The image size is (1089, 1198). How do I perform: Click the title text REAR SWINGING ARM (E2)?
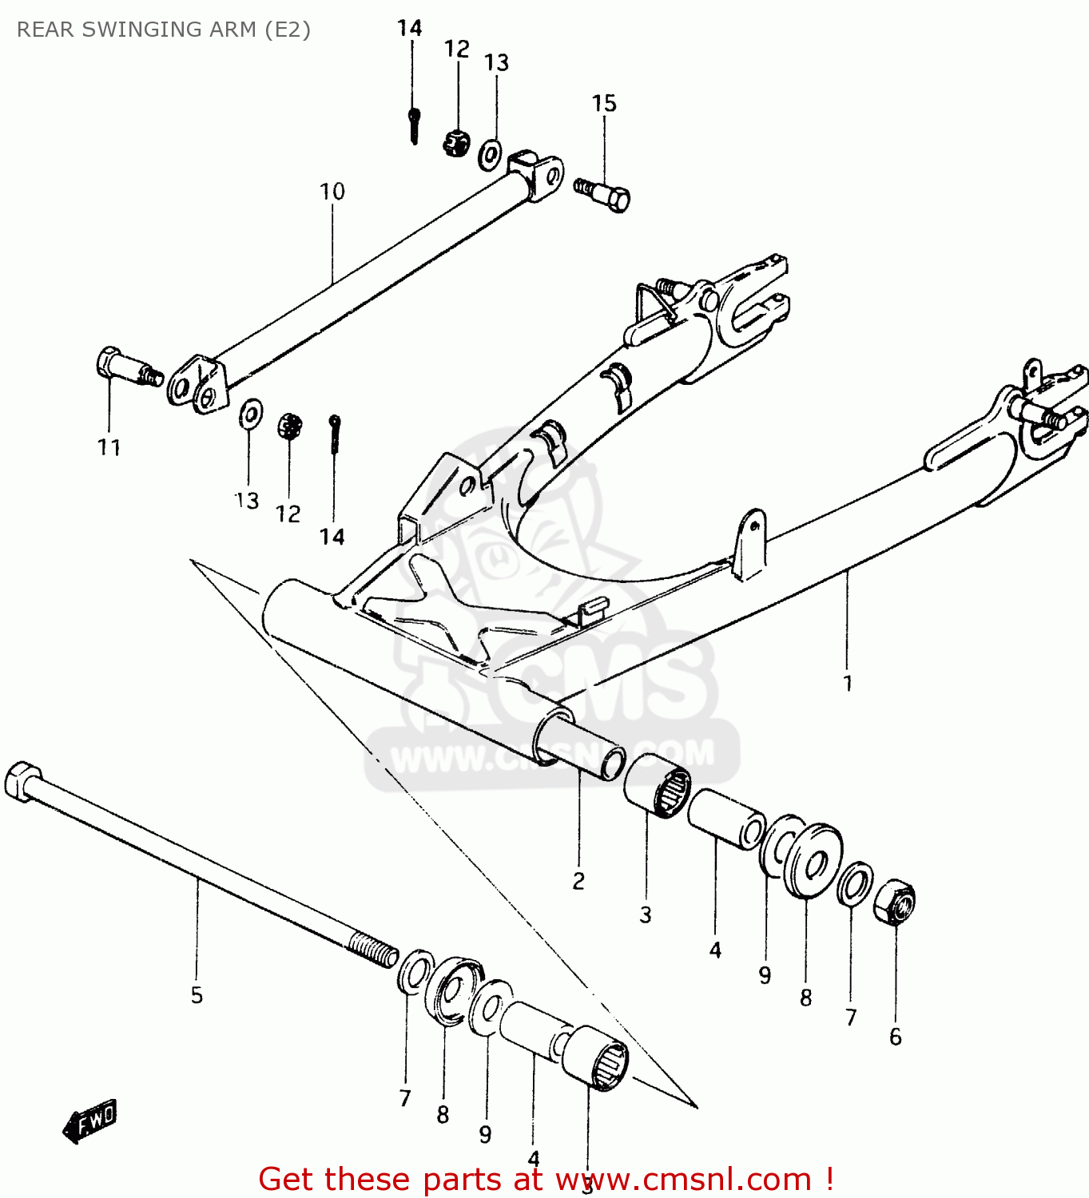[164, 30]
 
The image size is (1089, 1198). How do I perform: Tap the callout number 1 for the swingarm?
[848, 684]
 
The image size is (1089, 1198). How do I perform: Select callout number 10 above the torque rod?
[332, 192]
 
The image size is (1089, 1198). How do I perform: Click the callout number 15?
[604, 104]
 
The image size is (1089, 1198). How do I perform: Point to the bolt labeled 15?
[604, 194]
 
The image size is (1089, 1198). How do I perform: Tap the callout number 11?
[109, 448]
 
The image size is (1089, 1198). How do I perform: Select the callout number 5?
[197, 995]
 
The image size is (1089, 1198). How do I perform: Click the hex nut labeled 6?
[895, 902]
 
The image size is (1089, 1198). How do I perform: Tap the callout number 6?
[895, 1037]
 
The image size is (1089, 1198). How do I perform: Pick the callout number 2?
[578, 881]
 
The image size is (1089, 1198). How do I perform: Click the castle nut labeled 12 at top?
[456, 144]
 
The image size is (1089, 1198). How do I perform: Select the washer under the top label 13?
[490, 155]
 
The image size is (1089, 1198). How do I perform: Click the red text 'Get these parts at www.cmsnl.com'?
[546, 1179]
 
